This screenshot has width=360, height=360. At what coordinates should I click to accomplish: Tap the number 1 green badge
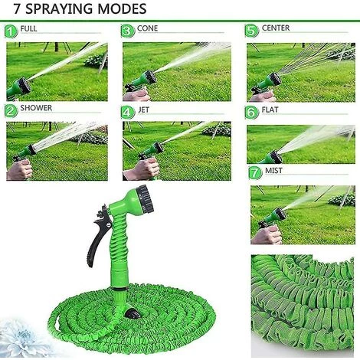tap(11, 31)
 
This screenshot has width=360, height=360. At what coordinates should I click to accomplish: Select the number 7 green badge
tap(255, 173)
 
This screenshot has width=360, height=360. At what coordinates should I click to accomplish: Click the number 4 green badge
tap(128, 113)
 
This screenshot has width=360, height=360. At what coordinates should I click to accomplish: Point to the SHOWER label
tap(36, 108)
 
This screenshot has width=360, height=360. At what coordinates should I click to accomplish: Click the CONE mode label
tap(147, 28)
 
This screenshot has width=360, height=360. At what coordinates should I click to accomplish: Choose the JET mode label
tap(143, 110)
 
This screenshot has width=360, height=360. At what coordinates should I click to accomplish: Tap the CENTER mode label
tap(276, 28)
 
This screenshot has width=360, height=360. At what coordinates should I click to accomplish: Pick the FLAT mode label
tap(270, 110)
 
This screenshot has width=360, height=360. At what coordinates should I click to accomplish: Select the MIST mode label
tap(273, 170)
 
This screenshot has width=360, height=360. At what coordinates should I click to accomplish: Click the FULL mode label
tap(28, 28)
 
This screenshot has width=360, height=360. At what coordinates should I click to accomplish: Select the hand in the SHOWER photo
tap(19, 170)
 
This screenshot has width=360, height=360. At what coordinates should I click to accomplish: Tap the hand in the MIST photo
tap(267, 235)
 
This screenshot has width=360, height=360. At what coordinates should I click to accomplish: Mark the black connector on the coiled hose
tap(133, 313)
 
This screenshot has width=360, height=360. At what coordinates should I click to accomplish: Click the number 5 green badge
tap(251, 31)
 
